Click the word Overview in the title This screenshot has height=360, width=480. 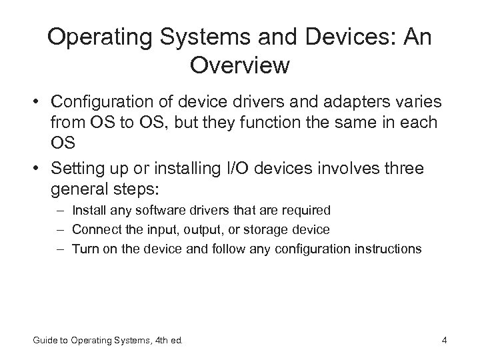click(x=239, y=66)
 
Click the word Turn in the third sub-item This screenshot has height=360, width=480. click(x=83, y=249)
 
